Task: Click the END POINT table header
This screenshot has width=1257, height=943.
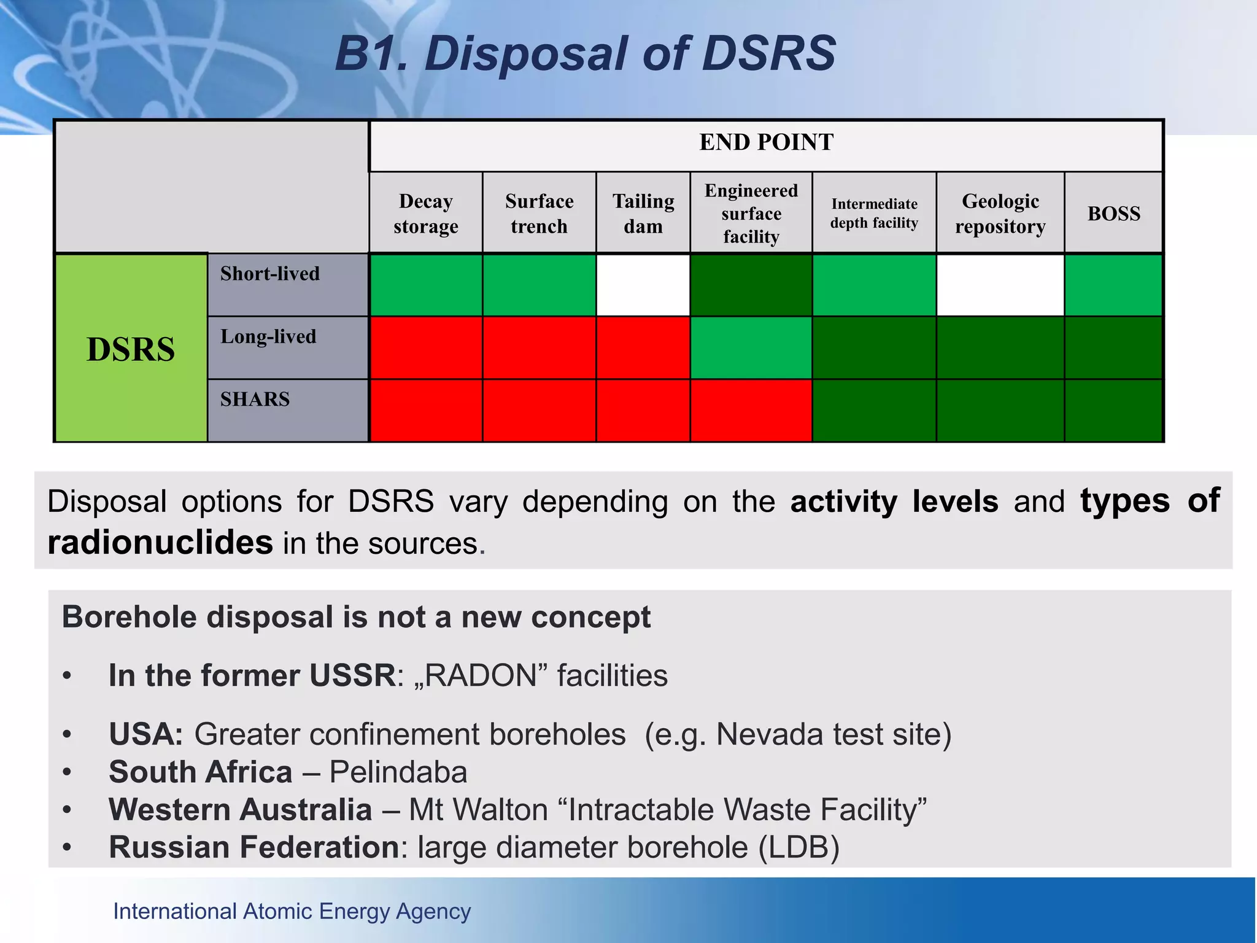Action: pyautogui.click(x=766, y=142)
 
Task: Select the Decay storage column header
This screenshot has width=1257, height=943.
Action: pyautogui.click(x=425, y=214)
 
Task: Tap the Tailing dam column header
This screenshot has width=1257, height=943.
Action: pyautogui.click(x=643, y=214)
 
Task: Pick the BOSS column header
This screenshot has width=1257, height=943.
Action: pyautogui.click(x=1113, y=214)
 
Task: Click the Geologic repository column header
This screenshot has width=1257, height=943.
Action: pyautogui.click(x=1000, y=214)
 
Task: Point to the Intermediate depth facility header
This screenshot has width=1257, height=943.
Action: pyautogui.click(x=874, y=214)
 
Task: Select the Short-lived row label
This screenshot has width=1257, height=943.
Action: pyautogui.click(x=270, y=274)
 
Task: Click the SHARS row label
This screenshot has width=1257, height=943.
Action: pyautogui.click(x=255, y=400)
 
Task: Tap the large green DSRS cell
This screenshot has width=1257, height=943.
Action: pyautogui.click(x=131, y=349)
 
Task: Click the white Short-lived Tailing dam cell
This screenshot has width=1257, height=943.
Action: pyautogui.click(x=643, y=285)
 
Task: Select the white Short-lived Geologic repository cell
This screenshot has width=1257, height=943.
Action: pyautogui.click(x=1000, y=285)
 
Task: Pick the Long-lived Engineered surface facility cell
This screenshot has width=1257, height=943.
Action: pyautogui.click(x=751, y=348)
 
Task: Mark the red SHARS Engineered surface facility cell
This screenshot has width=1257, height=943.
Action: pyautogui.click(x=751, y=411)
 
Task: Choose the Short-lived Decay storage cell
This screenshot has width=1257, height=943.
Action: pyautogui.click(x=425, y=285)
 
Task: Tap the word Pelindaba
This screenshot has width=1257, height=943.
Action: pyautogui.click(x=398, y=772)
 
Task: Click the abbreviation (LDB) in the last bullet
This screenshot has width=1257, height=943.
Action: pyautogui.click(x=799, y=848)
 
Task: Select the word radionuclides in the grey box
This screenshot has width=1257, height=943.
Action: pyautogui.click(x=160, y=543)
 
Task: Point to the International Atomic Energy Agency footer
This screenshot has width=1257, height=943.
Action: pyautogui.click(x=292, y=912)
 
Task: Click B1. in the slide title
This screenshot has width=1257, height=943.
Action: pyautogui.click(x=371, y=54)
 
